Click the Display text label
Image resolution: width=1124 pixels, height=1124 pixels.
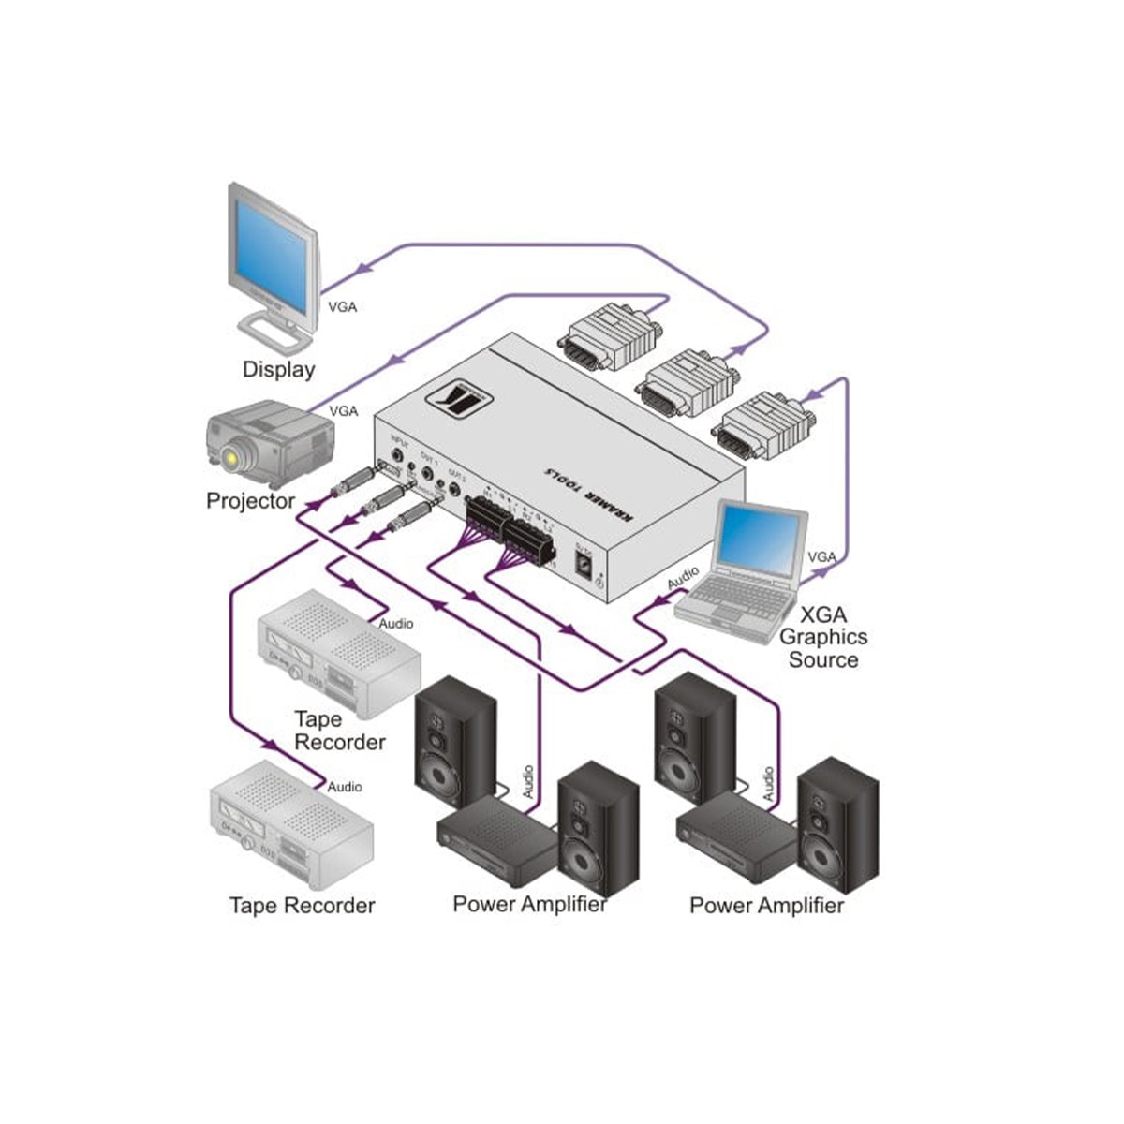278,369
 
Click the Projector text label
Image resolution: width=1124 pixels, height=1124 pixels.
250,501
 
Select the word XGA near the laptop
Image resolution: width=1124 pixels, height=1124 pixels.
824,614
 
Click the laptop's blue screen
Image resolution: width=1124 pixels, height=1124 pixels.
760,540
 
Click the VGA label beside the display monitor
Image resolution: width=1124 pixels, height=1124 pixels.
342,306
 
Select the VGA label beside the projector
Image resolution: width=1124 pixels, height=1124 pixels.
344,410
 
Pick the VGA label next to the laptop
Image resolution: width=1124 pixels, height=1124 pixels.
821,557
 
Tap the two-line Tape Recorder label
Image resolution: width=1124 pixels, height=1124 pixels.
339,731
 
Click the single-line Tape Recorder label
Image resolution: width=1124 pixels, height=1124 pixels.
302,906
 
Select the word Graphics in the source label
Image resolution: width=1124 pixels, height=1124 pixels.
823,637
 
